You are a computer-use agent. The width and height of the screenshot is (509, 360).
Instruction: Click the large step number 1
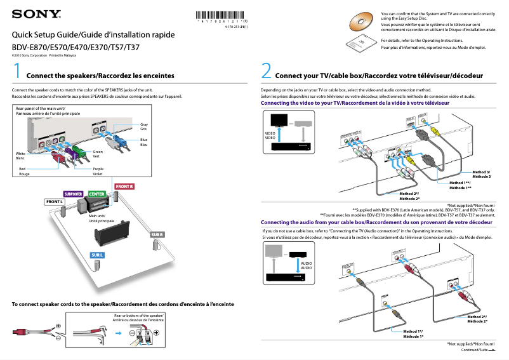click(18, 70)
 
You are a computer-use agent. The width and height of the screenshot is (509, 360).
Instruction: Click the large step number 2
click(267, 70)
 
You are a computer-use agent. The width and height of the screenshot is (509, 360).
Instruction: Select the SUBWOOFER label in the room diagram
click(73, 194)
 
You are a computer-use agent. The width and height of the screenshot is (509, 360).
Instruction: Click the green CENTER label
click(96, 194)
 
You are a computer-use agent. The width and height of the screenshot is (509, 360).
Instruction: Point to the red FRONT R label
click(124, 186)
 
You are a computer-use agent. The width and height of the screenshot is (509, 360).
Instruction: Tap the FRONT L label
click(55, 202)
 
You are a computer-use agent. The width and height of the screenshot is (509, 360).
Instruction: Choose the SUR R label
click(157, 235)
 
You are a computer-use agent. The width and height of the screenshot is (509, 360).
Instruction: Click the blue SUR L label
click(96, 255)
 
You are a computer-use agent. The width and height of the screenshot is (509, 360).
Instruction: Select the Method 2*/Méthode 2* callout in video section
click(409, 196)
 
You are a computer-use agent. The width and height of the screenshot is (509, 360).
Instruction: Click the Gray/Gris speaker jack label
click(144, 126)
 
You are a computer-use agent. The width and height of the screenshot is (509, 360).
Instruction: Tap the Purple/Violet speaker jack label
click(98, 171)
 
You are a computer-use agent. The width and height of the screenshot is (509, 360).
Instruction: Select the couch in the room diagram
click(105, 235)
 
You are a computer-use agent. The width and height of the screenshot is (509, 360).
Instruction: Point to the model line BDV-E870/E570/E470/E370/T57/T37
click(77, 48)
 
